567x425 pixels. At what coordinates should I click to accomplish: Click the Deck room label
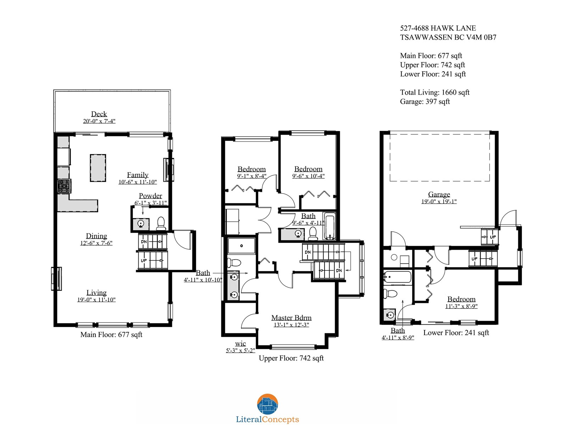(99, 114)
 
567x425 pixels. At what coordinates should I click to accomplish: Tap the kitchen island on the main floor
(98, 168)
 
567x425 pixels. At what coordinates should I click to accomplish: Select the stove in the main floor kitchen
(64, 186)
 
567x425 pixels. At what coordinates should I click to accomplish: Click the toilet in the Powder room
(161, 223)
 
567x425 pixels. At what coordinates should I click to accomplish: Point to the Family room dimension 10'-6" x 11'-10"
(137, 182)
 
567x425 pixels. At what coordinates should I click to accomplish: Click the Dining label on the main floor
(96, 236)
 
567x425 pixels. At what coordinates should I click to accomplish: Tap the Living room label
(96, 293)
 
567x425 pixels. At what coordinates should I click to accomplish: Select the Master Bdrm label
(291, 317)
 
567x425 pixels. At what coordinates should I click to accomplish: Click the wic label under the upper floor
(240, 344)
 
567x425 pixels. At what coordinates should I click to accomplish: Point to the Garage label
(439, 194)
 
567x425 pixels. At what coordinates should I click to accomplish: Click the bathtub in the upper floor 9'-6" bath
(330, 226)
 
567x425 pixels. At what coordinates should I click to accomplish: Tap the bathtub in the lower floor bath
(397, 278)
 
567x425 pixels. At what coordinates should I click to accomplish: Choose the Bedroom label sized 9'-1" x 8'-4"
(252, 169)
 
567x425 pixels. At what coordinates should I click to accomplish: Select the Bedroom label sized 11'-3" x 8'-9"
(461, 299)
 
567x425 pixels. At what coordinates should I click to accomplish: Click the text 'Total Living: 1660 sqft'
(435, 92)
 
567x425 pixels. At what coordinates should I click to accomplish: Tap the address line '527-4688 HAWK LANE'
(438, 28)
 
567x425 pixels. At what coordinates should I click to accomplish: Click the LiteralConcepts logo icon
(267, 404)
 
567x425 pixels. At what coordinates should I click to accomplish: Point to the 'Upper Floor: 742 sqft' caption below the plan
(291, 358)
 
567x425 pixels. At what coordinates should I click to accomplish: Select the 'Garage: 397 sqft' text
(425, 101)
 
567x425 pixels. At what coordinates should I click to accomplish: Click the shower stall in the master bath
(241, 246)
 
